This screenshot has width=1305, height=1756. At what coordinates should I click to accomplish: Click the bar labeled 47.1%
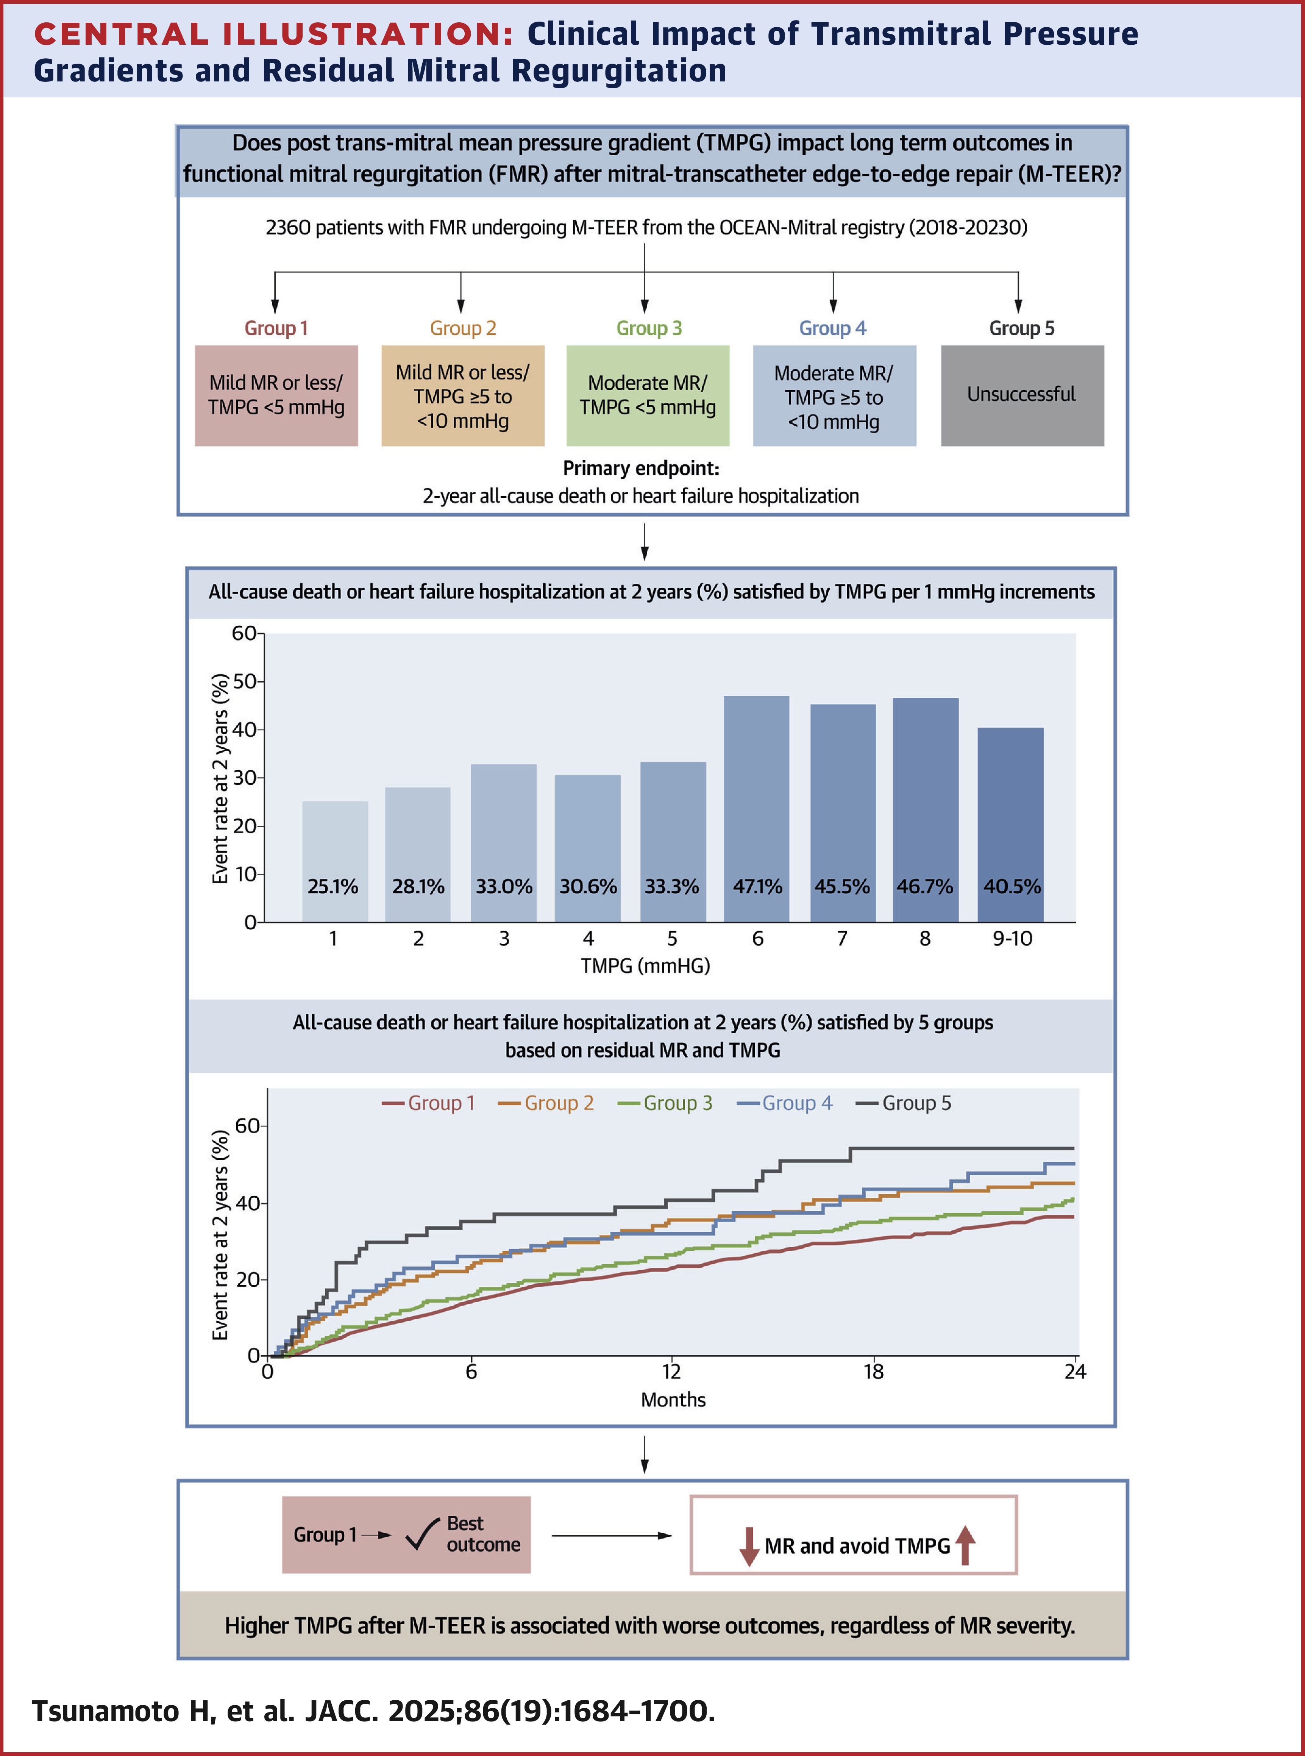[756, 806]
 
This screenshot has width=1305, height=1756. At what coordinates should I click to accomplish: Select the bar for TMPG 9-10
[1010, 822]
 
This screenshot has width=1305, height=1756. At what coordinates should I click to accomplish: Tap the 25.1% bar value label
[332, 886]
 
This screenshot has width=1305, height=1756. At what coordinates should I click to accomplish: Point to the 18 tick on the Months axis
[873, 1371]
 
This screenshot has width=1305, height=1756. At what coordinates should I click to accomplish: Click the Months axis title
[673, 1400]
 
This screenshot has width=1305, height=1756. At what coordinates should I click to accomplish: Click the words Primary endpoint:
[641, 469]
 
